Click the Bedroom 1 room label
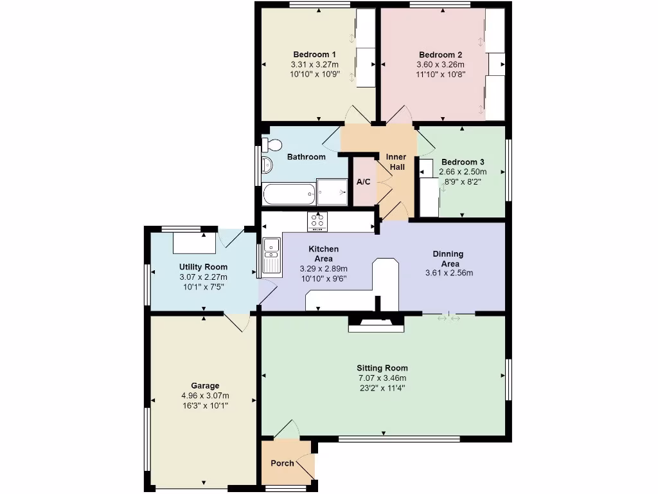(x=315, y=55)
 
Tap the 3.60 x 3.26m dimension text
(x=441, y=65)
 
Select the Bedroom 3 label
(x=463, y=162)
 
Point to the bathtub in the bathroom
(x=289, y=194)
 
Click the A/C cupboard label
(x=363, y=182)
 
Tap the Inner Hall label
(x=395, y=162)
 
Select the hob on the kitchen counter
(x=317, y=222)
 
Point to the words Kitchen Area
(x=323, y=253)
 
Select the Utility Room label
(x=203, y=267)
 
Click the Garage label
(x=204, y=386)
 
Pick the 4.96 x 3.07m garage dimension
(x=204, y=396)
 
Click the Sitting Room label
(x=382, y=368)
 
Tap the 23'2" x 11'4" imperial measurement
(x=382, y=388)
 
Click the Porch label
(x=282, y=463)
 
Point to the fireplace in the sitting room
(x=376, y=325)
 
